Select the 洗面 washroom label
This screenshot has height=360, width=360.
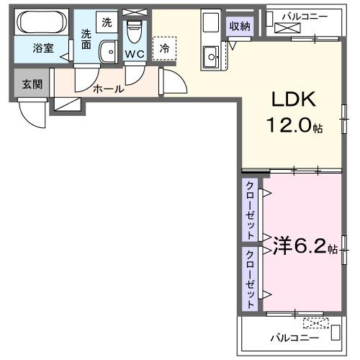point(86,39)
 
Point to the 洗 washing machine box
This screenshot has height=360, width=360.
point(107,22)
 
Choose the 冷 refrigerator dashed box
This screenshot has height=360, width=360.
point(165,48)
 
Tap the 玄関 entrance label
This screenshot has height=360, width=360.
point(31,84)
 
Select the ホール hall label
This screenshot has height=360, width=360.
point(108,89)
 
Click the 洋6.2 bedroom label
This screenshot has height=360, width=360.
point(300,248)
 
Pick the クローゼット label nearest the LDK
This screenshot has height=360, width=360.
point(250,210)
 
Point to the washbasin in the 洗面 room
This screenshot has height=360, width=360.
point(109,51)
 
